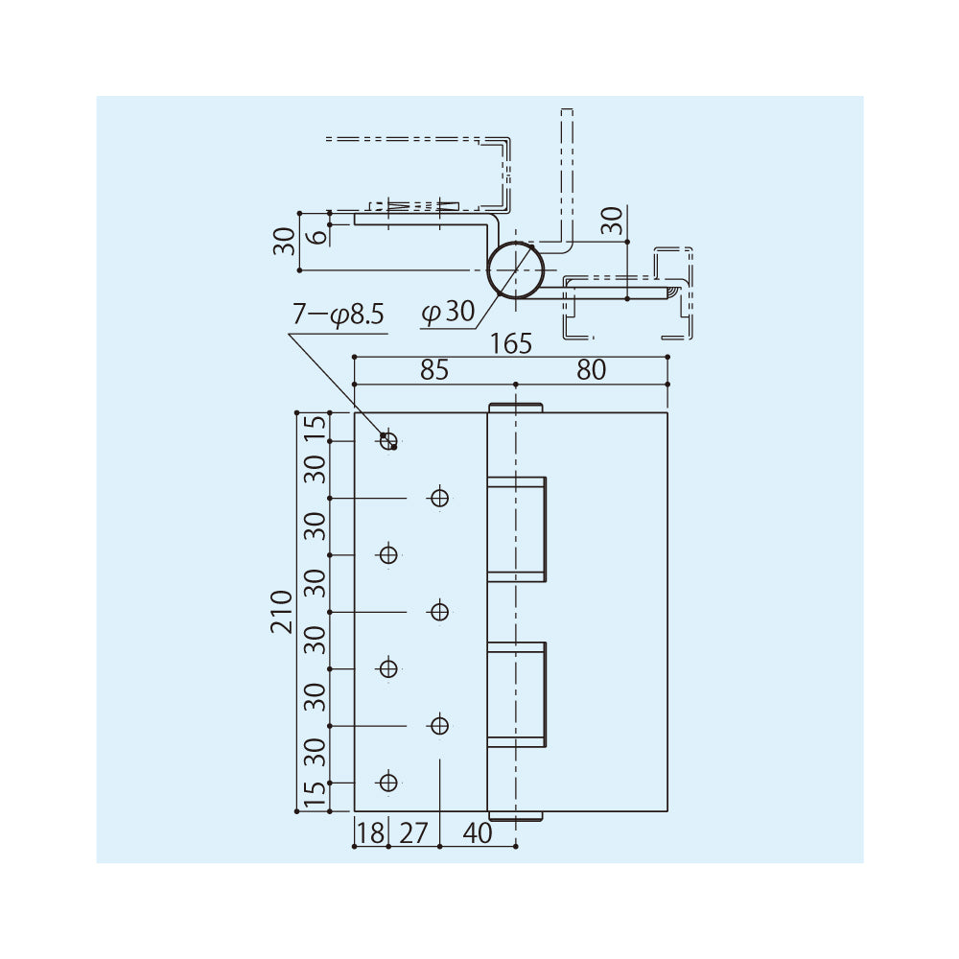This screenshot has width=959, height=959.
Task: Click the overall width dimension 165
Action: (510, 343)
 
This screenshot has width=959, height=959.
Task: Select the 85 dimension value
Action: (433, 370)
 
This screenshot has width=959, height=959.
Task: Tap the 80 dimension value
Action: (592, 370)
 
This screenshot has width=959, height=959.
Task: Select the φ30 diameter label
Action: (448, 312)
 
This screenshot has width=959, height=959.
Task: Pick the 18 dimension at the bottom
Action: (370, 833)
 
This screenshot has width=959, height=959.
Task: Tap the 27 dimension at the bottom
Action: (412, 833)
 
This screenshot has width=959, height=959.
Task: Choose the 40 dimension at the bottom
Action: (477, 833)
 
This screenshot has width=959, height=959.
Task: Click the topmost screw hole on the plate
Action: (387, 441)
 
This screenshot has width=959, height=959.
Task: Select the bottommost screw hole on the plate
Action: (387, 782)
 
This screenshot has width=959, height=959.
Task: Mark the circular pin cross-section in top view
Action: (516, 269)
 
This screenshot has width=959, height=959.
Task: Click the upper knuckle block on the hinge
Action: (517, 528)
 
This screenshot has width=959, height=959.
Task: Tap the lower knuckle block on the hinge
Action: (517, 693)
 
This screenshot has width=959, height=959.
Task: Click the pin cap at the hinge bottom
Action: (516, 816)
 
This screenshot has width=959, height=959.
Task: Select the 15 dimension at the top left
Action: (315, 427)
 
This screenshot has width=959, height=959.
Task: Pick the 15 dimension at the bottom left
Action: (315, 796)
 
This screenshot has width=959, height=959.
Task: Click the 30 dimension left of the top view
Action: (283, 241)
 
